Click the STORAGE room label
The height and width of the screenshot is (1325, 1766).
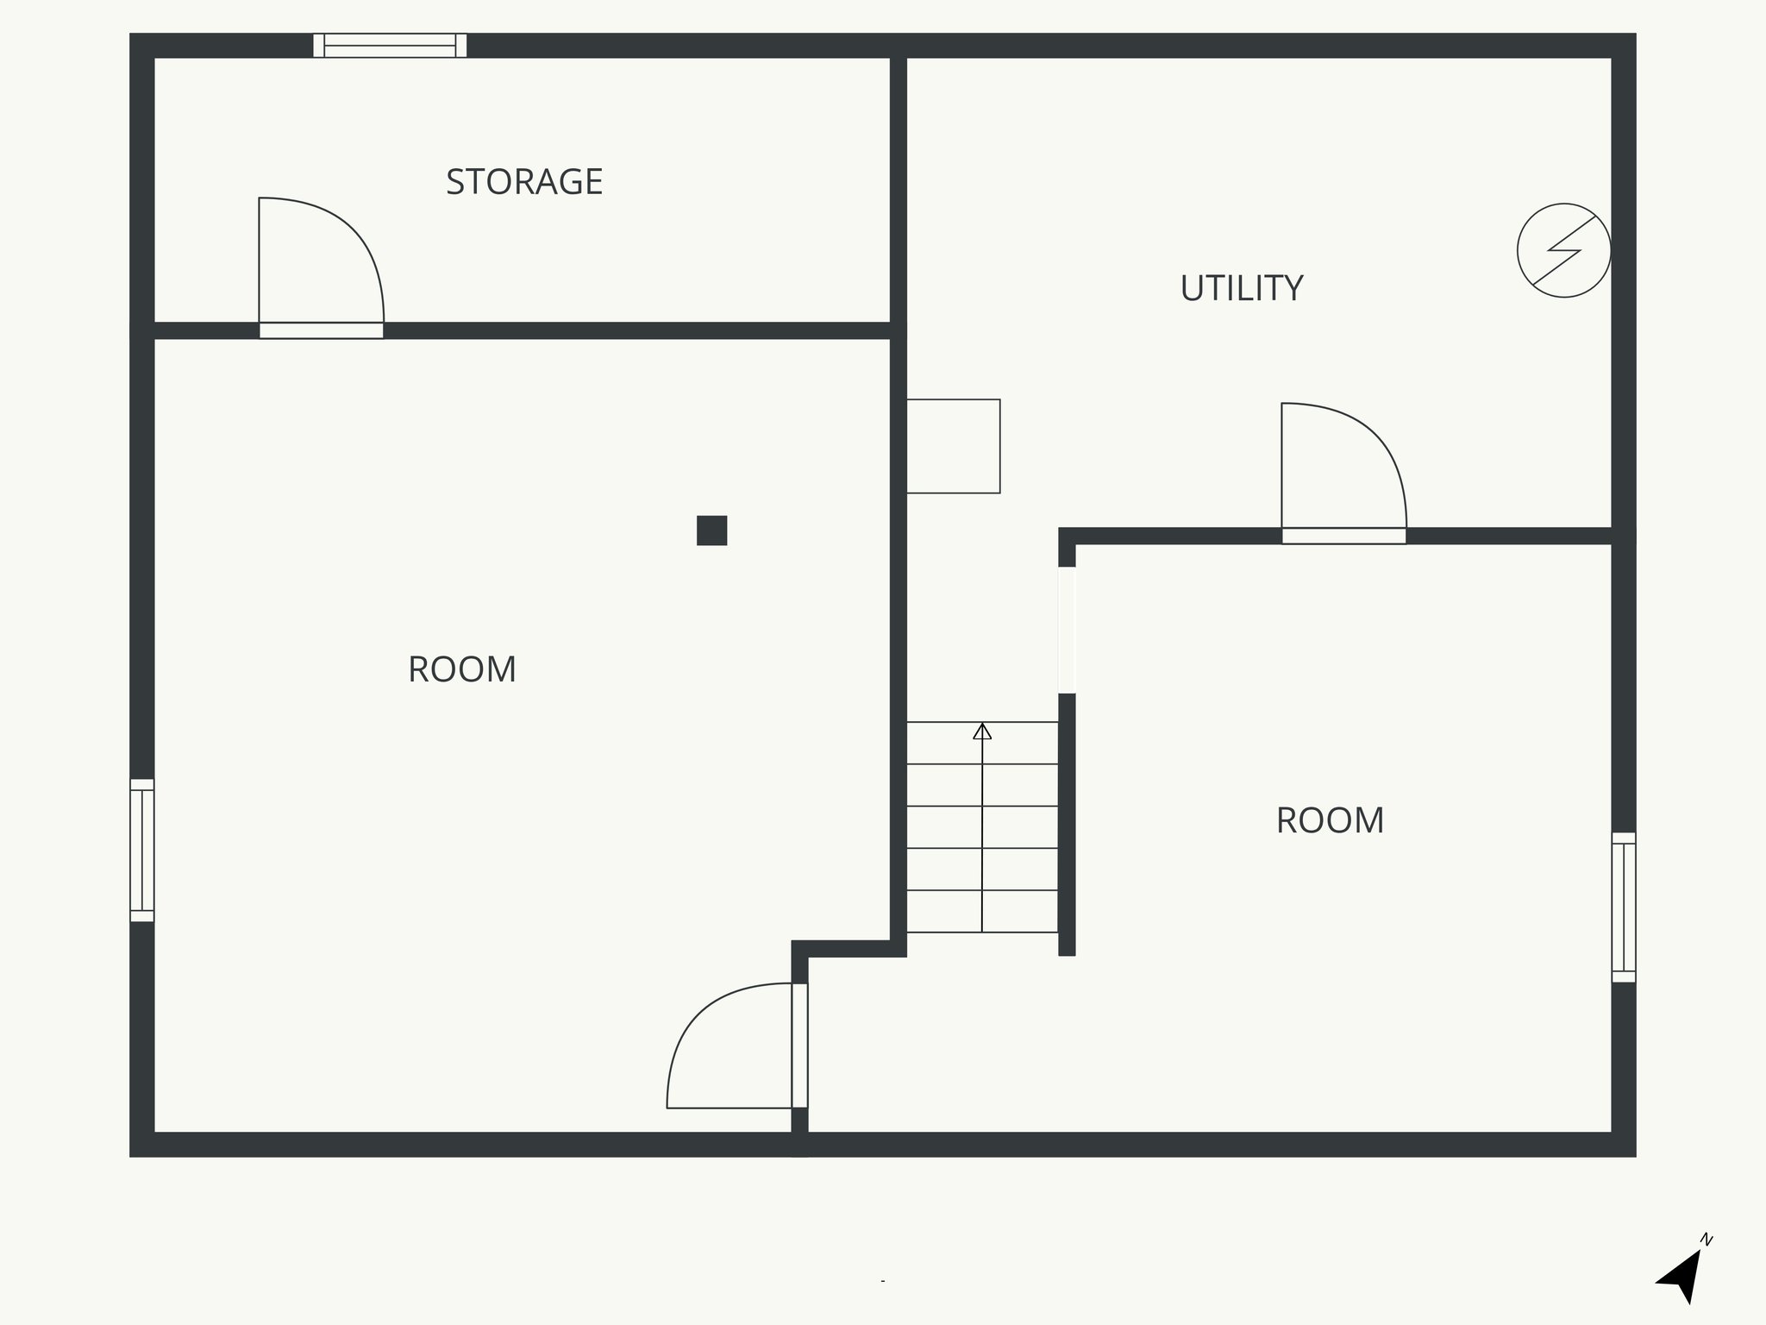[523, 182]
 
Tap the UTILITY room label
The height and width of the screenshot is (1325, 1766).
[1241, 288]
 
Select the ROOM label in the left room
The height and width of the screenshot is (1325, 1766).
[461, 669]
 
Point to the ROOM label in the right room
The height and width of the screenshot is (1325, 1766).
[1330, 820]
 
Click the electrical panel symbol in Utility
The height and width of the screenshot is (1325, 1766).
[1563, 250]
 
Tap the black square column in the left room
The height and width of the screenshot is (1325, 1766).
[711, 531]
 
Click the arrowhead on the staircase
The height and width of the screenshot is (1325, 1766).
[982, 732]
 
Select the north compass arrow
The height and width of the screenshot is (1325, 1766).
[1681, 1278]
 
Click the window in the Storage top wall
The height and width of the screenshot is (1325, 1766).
[390, 45]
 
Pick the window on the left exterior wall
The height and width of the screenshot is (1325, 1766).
[142, 850]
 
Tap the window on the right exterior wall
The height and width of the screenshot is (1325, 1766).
[1623, 907]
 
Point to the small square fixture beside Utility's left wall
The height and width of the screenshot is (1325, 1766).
[953, 446]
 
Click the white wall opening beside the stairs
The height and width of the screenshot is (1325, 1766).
[1067, 630]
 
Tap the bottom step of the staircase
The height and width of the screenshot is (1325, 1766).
[982, 912]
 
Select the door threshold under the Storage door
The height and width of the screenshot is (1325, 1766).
[321, 330]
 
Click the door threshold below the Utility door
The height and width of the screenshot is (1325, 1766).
[1343, 536]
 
